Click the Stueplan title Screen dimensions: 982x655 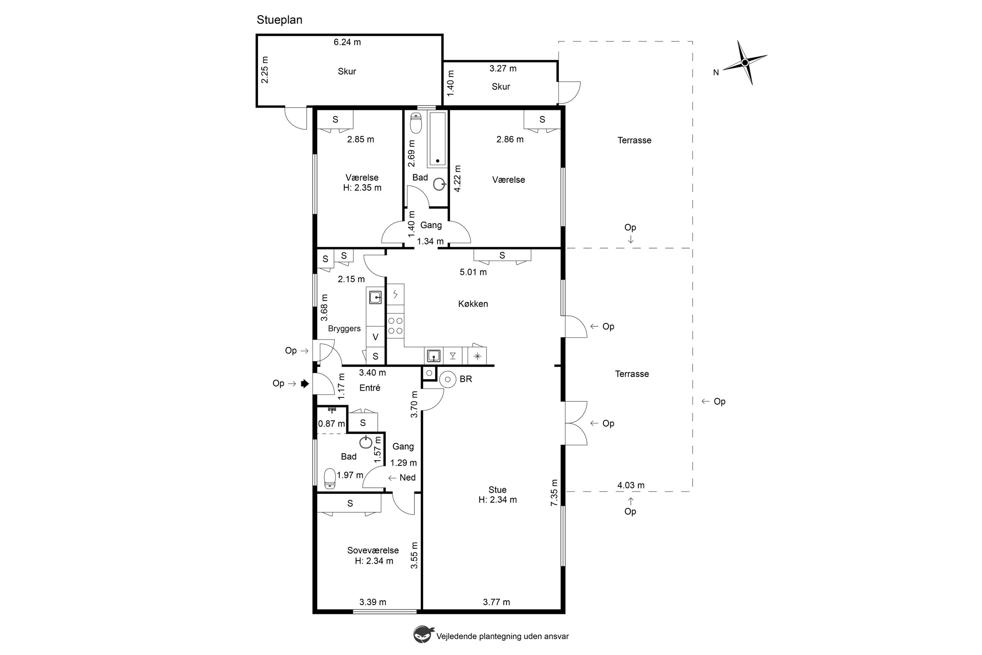point(279,20)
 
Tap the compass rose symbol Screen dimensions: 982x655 point(745,63)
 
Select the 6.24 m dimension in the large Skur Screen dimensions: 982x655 point(347,42)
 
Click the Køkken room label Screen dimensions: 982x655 point(473,304)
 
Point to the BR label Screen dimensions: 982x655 point(466,379)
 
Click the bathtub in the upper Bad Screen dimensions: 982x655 point(437,139)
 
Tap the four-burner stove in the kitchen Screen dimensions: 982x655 point(395,325)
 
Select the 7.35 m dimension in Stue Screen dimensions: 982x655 point(554,493)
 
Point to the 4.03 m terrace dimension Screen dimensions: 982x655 point(631,485)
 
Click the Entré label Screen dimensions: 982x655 point(370,388)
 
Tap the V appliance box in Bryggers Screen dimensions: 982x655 point(375,337)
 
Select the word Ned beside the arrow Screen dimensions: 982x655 point(407,477)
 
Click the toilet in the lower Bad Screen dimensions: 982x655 point(330,478)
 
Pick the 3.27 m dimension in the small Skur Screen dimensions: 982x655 point(503,68)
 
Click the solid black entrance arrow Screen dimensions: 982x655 point(305,383)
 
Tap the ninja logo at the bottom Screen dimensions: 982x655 point(423,635)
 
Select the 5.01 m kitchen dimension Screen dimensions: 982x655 point(473,272)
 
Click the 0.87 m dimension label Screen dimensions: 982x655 point(332,423)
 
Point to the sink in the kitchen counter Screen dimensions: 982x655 point(434,356)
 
